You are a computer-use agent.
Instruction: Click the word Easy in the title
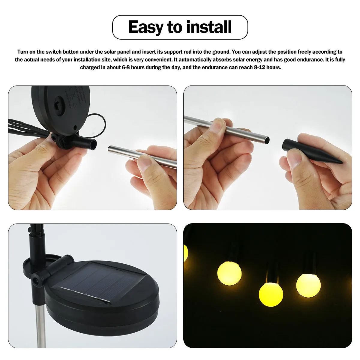coord(146,27)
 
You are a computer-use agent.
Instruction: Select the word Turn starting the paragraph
coord(23,52)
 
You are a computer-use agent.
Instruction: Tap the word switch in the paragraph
coord(53,52)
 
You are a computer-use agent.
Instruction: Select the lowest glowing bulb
coord(271,294)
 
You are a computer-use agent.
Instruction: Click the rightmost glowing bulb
coord(308,285)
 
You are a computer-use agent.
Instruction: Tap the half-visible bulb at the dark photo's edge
coord(186,253)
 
